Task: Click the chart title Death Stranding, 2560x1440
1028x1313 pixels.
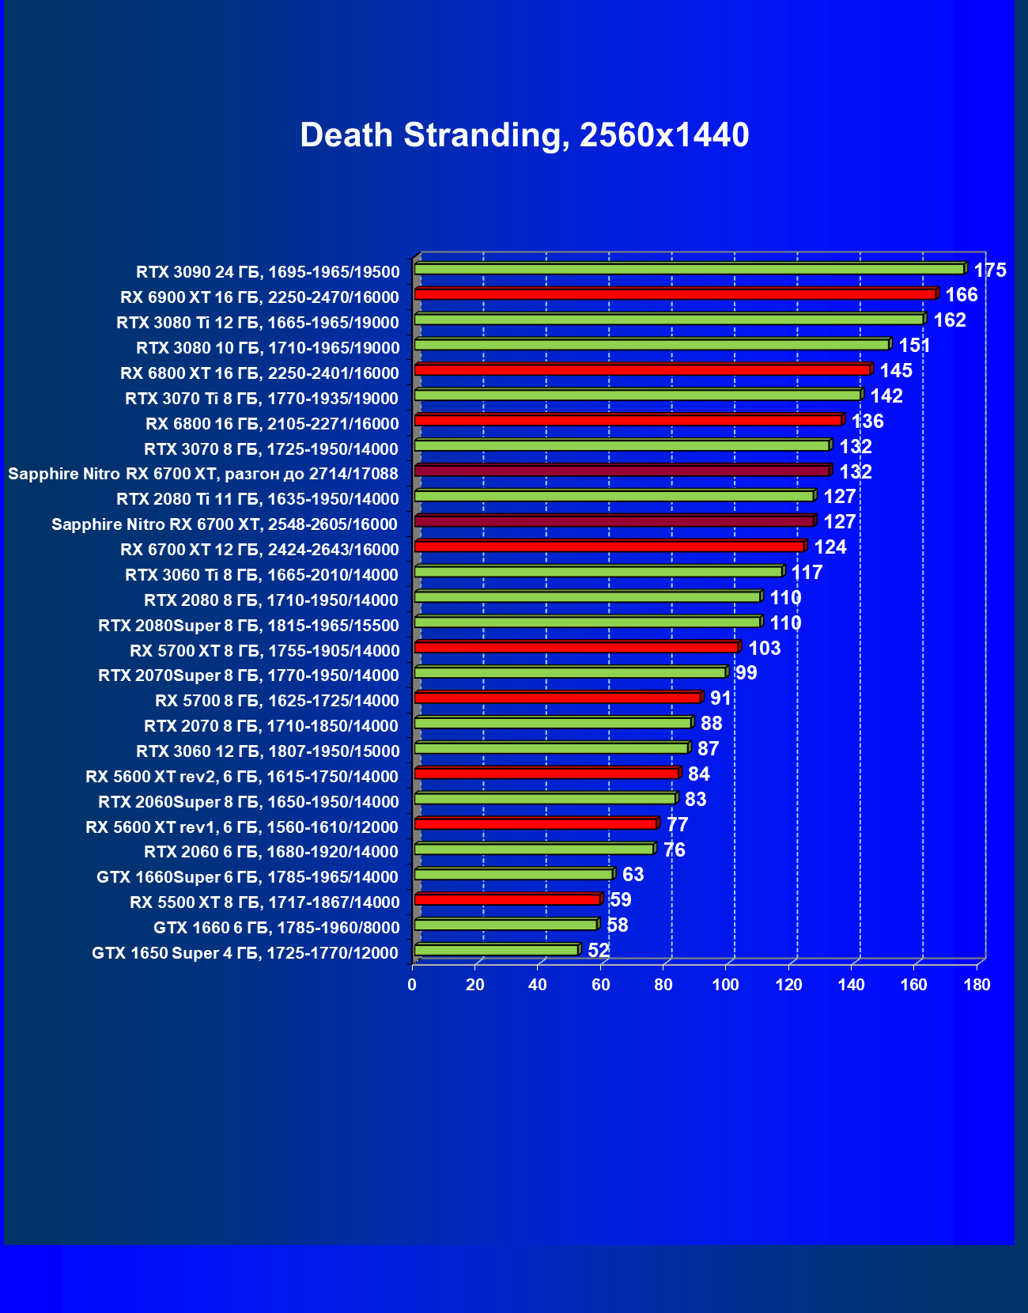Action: [524, 135]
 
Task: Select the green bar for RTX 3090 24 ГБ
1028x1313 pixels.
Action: [688, 269]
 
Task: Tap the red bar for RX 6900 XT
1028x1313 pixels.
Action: [675, 294]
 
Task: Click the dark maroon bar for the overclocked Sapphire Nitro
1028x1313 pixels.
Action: [622, 471]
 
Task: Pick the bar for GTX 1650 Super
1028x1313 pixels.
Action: [496, 950]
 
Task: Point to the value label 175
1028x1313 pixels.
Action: [989, 271]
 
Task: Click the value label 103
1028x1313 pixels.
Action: [764, 649]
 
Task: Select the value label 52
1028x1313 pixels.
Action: [599, 951]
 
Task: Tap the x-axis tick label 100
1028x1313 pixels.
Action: [725, 985]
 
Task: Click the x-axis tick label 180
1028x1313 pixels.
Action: [977, 985]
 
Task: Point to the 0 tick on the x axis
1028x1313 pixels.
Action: [412, 985]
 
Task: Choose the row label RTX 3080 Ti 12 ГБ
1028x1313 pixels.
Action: [258, 323]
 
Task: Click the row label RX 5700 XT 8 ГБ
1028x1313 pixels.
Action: [264, 651]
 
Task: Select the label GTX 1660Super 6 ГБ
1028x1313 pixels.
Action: [248, 877]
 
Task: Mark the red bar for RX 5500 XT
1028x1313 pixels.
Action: [507, 899]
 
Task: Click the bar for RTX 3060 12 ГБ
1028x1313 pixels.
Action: [551, 748]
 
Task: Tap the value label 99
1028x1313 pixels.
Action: [746, 673]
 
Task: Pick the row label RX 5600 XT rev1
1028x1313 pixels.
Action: [242, 827]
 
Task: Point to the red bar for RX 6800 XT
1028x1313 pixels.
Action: [642, 369]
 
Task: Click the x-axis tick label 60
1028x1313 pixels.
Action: [600, 985]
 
